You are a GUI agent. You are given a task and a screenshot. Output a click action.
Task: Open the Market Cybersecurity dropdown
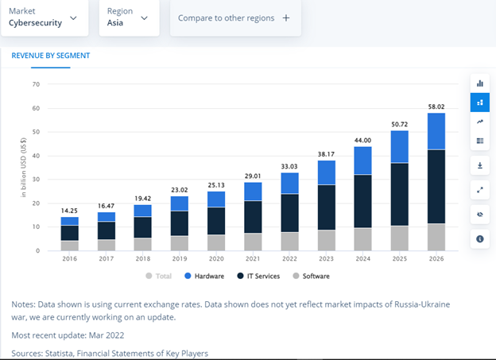[x=43, y=17]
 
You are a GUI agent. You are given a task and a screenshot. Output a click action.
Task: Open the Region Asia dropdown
[x=128, y=17]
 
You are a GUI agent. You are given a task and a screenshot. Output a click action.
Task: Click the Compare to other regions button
[x=234, y=17]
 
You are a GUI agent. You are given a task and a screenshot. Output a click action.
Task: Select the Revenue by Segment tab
[x=50, y=56]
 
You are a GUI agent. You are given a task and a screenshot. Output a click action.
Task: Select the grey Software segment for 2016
[x=70, y=245]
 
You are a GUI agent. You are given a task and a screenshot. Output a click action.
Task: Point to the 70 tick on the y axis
[x=36, y=84]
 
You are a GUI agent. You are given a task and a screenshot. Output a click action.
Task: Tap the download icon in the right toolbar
[x=479, y=166]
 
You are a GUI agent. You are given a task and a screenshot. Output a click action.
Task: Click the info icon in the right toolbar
[x=479, y=238]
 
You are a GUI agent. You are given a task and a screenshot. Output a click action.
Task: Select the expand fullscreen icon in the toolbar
[x=479, y=190]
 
